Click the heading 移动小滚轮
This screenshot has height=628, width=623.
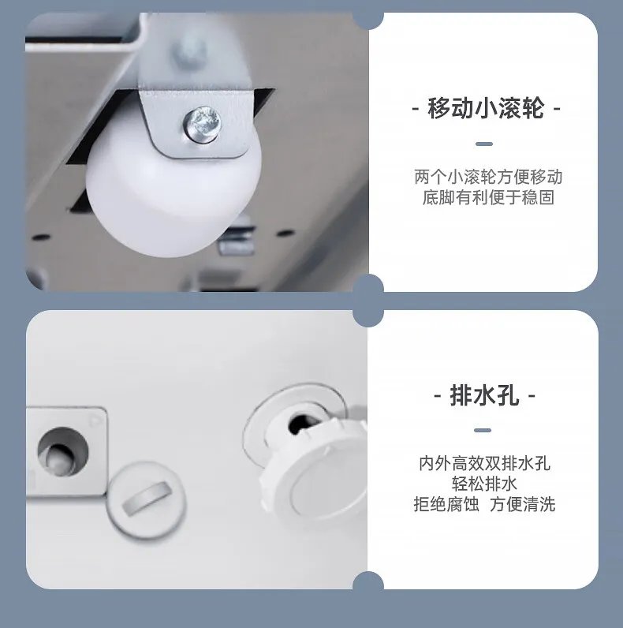pyautogui.click(x=486, y=108)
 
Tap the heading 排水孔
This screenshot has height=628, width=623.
pyautogui.click(x=484, y=395)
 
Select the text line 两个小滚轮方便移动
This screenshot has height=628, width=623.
pyautogui.click(x=488, y=177)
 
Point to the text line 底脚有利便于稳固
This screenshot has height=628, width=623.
pyautogui.click(x=488, y=197)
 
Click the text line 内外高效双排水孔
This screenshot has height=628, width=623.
pyautogui.click(x=484, y=463)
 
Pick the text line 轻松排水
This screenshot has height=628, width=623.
pyautogui.click(x=484, y=484)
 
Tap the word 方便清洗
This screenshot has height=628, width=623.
pyautogui.click(x=522, y=504)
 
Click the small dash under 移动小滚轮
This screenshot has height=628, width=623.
pyautogui.click(x=484, y=144)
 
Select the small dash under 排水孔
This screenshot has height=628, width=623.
pyautogui.click(x=484, y=431)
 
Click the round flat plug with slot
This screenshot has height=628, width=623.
pyautogui.click(x=145, y=499)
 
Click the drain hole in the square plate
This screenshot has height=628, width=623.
pyautogui.click(x=61, y=450)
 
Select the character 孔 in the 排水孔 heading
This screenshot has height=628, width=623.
pyautogui.click(x=508, y=395)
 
